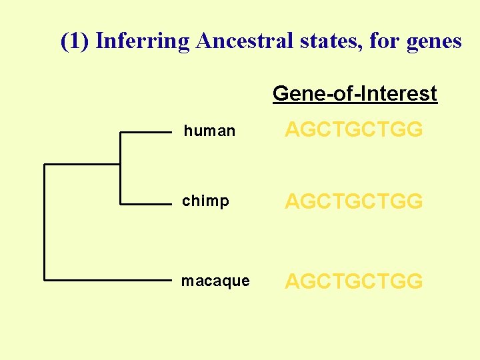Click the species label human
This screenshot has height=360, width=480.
[209, 131]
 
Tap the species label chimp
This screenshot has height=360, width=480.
[205, 201]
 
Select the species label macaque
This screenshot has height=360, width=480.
[215, 281]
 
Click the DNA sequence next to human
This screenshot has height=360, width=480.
[353, 129]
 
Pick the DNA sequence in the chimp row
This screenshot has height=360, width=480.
[353, 201]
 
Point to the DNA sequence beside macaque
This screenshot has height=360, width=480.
[353, 281]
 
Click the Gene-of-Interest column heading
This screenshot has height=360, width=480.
[355, 94]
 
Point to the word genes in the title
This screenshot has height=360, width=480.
[433, 41]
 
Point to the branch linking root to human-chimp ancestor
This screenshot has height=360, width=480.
[81, 164]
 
